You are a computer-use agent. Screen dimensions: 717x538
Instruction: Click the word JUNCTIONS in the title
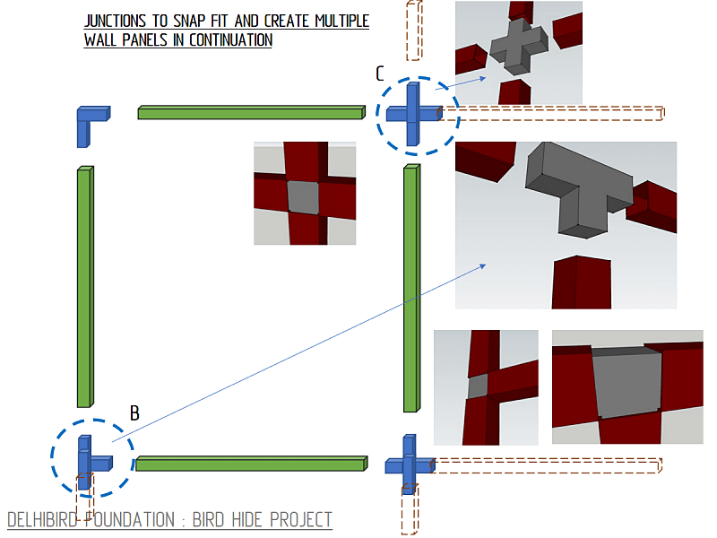click(x=116, y=21)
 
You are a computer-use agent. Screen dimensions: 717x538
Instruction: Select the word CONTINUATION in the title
click(x=230, y=39)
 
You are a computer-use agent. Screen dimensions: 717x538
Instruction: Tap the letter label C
click(x=379, y=74)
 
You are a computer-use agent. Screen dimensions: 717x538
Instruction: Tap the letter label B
click(x=134, y=413)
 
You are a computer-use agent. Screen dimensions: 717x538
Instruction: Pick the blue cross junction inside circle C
click(x=413, y=114)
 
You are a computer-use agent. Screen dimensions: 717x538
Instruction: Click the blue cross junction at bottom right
click(x=410, y=465)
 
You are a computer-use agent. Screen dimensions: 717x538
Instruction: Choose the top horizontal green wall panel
click(x=252, y=113)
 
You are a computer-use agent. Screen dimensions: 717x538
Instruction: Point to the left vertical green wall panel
click(x=85, y=286)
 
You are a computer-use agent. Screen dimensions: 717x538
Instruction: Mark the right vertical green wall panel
click(x=411, y=288)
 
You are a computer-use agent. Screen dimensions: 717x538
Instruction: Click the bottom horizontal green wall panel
click(x=252, y=464)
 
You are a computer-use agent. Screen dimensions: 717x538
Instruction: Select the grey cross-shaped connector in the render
click(x=519, y=46)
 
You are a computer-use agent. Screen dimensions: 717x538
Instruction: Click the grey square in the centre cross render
click(x=303, y=197)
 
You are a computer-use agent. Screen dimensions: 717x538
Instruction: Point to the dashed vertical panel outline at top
click(x=414, y=30)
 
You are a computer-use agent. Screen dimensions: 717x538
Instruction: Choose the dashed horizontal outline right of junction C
click(x=551, y=114)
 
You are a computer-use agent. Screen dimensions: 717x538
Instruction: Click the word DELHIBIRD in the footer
click(x=42, y=520)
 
